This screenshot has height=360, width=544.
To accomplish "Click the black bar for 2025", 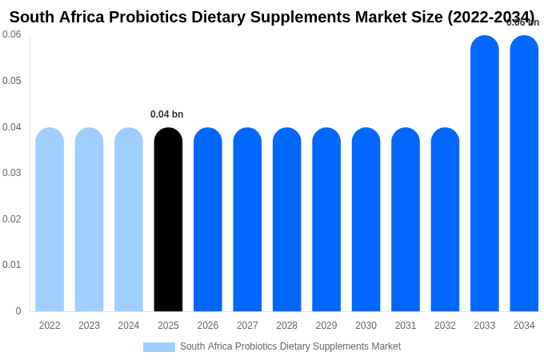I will [x=168, y=219].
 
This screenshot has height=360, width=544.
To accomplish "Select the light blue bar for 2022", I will [x=50, y=219].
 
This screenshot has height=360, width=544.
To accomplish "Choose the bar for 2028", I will [x=286, y=219].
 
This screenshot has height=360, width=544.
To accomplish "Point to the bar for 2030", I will [x=366, y=219].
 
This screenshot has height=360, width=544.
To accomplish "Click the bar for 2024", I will [x=129, y=219].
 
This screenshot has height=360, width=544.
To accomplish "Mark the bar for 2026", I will [x=208, y=219].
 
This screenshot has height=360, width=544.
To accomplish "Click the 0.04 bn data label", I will [x=166, y=114].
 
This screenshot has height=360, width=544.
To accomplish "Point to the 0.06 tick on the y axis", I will [x=12, y=34].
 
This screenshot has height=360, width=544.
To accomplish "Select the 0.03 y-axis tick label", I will [x=12, y=173].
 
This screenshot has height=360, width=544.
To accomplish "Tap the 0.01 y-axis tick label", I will [x=12, y=265].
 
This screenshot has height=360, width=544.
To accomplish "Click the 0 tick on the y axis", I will [x=18, y=311].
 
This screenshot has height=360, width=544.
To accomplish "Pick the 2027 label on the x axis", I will [x=247, y=326].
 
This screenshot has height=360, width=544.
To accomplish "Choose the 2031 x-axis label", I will [x=406, y=326].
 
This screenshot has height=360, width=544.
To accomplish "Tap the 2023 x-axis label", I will [x=89, y=326].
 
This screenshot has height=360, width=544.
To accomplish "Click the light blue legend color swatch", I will [x=158, y=347].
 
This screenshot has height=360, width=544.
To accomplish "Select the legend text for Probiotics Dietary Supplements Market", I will [x=290, y=346].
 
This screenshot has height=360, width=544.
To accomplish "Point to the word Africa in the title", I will [x=82, y=17].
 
